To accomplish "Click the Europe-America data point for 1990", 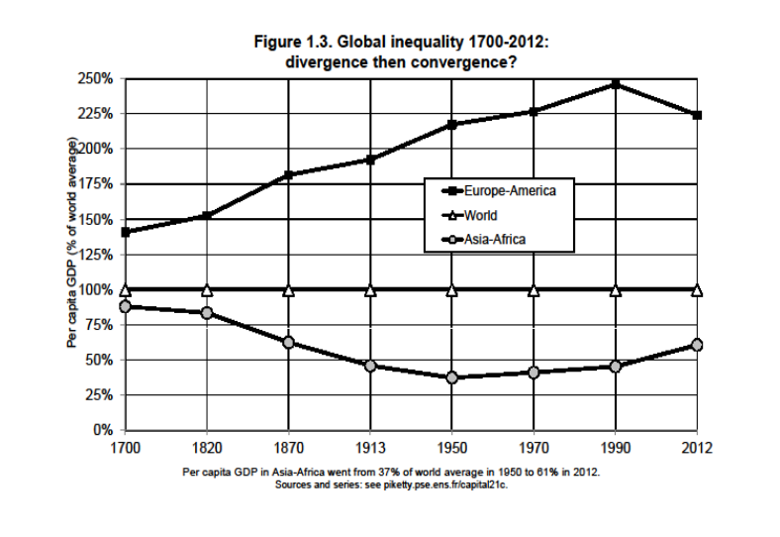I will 616,84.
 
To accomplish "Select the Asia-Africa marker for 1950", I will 452,377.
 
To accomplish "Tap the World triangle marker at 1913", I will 370,290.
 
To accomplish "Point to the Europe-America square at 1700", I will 125,232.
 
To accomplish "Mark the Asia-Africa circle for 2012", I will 697,345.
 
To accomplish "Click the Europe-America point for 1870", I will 288,175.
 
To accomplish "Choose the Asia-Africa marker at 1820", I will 207,313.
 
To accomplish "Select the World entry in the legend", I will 480,214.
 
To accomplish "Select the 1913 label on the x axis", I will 370,448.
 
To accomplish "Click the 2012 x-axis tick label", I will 697,448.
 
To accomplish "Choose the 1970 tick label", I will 534,448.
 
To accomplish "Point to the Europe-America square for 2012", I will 697,115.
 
